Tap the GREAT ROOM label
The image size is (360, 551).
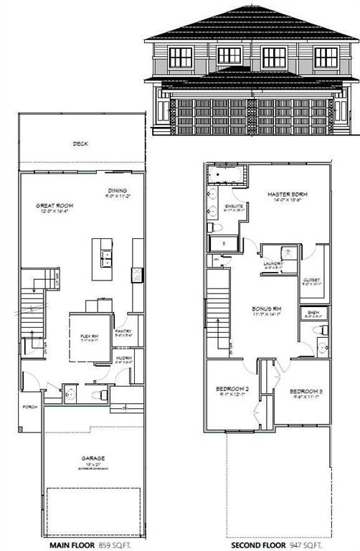click(x=55, y=206)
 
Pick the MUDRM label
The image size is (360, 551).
click(x=124, y=359)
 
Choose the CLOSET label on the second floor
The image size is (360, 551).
click(x=311, y=280)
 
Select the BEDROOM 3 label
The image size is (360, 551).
click(x=306, y=391)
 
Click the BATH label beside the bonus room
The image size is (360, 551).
click(x=313, y=313)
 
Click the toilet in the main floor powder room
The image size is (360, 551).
click(x=103, y=393)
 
